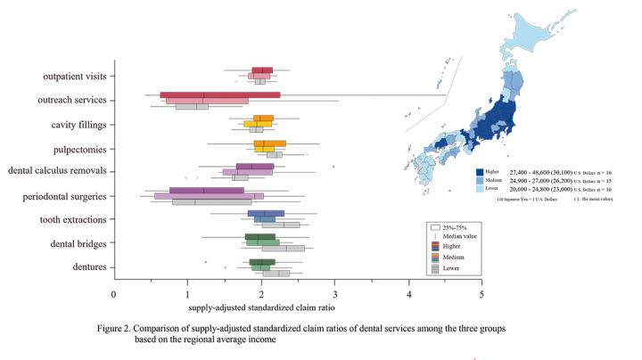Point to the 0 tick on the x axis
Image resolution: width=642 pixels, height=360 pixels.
[113, 293]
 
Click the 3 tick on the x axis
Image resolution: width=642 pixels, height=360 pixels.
[334, 293]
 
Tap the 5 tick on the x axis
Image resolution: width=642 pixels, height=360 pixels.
[481, 293]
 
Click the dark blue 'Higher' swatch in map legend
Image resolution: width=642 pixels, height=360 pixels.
[480, 171]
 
